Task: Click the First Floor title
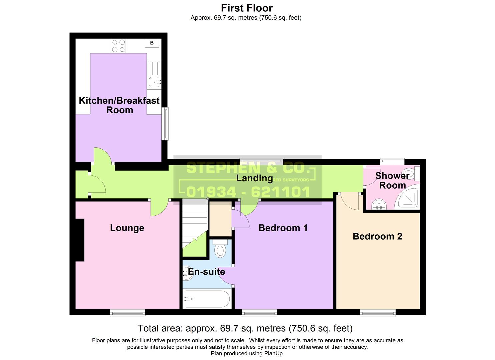tap(247, 8)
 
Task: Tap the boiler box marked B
tap(152, 43)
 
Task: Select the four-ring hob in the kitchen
tap(118, 46)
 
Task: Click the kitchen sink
tap(154, 81)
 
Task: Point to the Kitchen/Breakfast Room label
tap(119, 105)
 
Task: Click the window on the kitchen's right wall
tap(165, 124)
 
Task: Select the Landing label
tap(254, 178)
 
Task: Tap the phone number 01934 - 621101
tap(248, 192)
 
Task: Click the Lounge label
tap(127, 228)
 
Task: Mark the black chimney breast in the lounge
tap(80, 240)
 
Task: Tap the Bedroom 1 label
tap(283, 228)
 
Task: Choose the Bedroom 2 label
tap(377, 236)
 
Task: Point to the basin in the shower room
tap(378, 204)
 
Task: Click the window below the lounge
tap(128, 312)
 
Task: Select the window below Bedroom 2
tap(377, 312)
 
